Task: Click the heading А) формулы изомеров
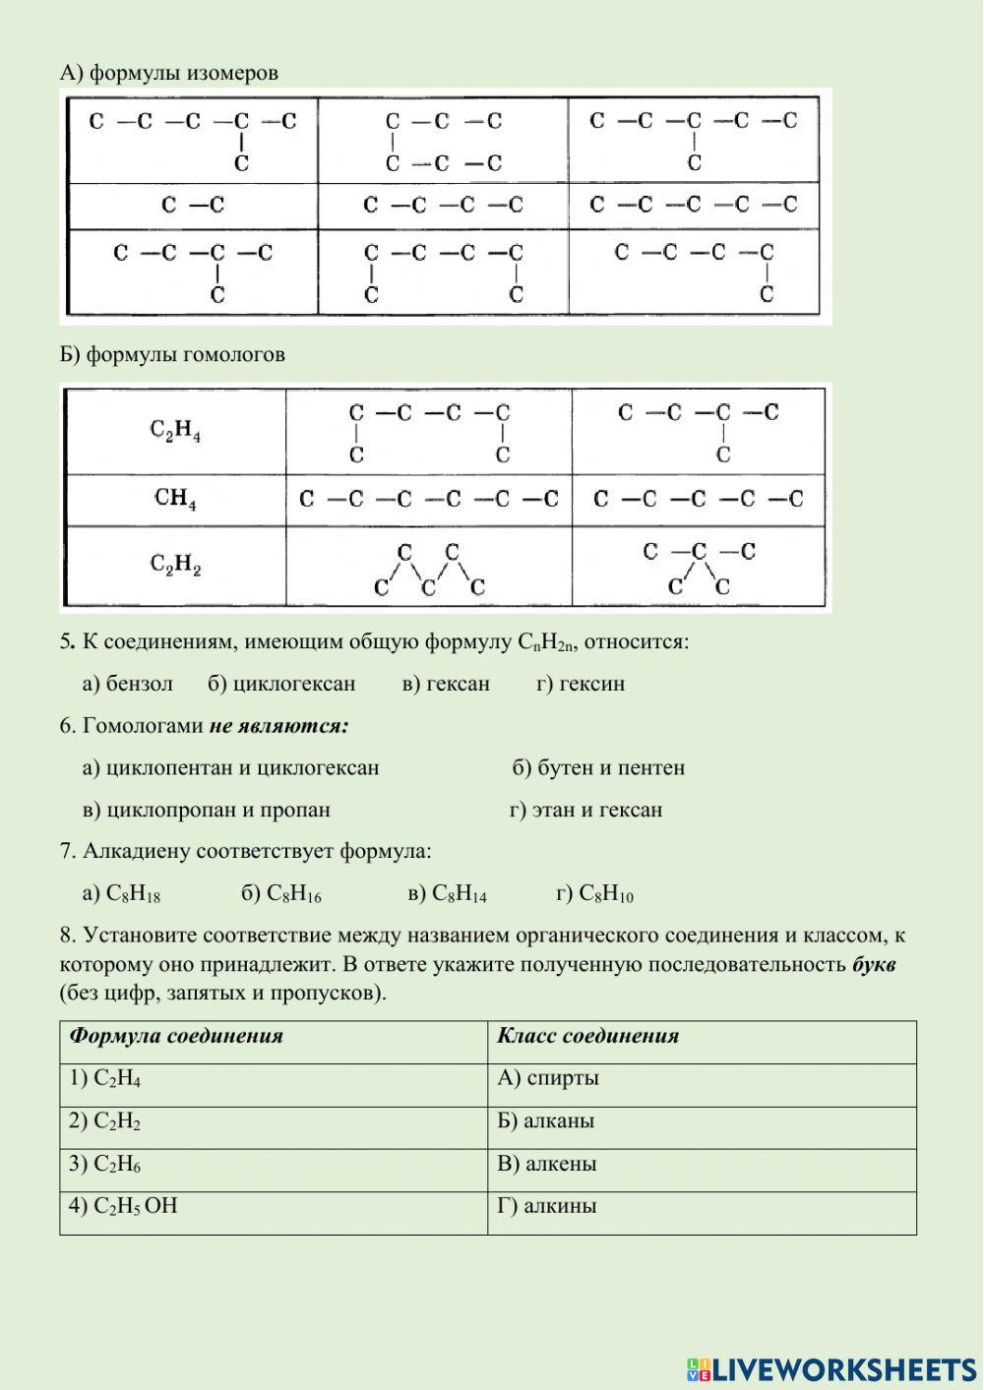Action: click(x=169, y=73)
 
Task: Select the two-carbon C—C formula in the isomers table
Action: click(x=193, y=206)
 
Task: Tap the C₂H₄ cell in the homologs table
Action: click(x=175, y=432)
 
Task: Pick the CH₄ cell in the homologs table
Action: click(x=175, y=500)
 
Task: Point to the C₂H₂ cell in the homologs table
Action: click(x=175, y=566)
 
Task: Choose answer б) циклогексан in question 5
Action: click(x=281, y=684)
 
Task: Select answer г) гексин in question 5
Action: click(x=580, y=684)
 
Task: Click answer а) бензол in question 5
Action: click(x=128, y=684)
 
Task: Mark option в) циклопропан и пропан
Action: click(x=207, y=811)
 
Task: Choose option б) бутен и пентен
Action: click(x=598, y=768)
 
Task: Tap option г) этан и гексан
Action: click(x=585, y=811)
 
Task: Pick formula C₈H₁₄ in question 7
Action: click(x=447, y=894)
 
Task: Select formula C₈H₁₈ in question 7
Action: click(x=122, y=894)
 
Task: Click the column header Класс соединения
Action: click(x=588, y=1036)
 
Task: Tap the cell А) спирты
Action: click(x=549, y=1078)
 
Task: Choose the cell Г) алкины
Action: click(x=547, y=1206)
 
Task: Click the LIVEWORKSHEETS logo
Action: click(x=830, y=1368)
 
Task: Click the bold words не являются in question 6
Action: click(x=278, y=727)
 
